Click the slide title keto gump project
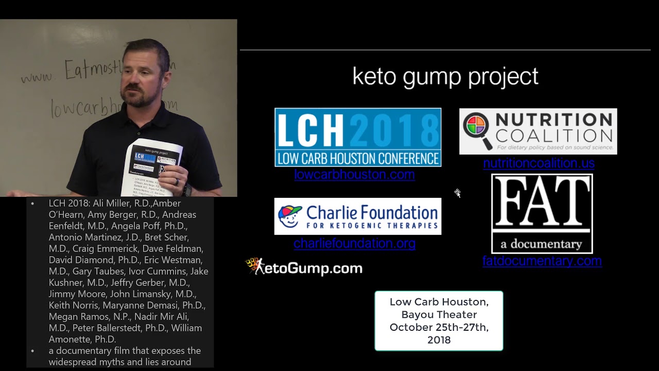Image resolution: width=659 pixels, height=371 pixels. coord(445,77)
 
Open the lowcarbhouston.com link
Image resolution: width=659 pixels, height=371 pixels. coord(354,175)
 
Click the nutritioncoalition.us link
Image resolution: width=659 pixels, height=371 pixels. coord(539,163)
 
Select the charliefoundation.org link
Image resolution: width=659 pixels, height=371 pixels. coord(354,243)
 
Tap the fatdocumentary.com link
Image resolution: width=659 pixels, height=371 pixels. coord(542,261)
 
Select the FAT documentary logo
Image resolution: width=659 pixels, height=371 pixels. coord(542,213)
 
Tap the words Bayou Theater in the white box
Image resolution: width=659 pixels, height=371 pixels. coord(439,314)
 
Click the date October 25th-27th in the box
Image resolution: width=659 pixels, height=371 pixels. coord(439,327)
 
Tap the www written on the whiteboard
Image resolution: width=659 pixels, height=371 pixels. coord(37,77)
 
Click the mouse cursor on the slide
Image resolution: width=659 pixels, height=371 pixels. coord(457,193)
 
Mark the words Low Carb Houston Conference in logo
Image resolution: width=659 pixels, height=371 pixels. coord(358,158)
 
